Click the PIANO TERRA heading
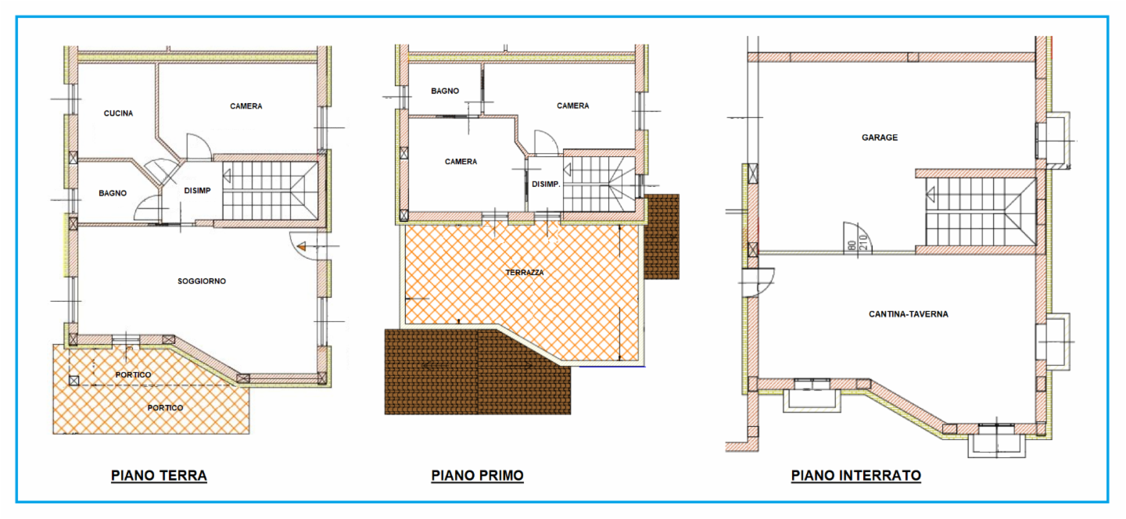159,475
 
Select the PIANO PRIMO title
477,475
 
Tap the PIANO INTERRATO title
855,475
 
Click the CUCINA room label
119,113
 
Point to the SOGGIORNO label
202,281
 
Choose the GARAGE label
880,138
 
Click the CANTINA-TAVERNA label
909,314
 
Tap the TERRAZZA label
524,273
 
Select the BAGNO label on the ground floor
113,193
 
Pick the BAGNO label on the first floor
445,91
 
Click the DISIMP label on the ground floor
197,191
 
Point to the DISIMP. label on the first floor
546,184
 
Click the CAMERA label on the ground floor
246,106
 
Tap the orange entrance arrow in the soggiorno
302,247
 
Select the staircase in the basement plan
981,212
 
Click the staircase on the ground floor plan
271,191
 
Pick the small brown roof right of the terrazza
662,237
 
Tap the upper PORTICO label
133,375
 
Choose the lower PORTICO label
166,408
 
